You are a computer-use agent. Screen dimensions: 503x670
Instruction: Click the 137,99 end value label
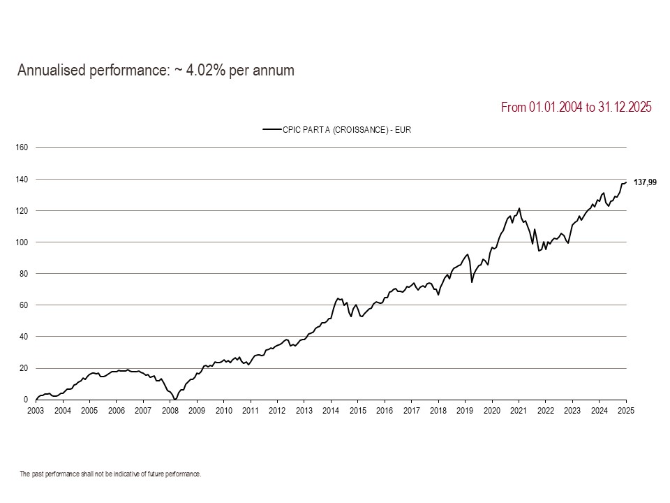coord(645,182)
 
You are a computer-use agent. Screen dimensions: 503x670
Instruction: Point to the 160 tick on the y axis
coord(21,147)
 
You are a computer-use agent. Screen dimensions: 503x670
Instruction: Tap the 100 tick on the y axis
coord(21,242)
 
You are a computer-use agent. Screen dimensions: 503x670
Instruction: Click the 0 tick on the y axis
coord(25,400)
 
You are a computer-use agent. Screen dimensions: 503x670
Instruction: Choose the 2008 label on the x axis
coord(170,411)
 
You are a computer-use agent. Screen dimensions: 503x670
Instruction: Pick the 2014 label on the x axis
coord(331,411)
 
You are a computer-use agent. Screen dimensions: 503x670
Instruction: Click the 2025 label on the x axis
coord(626,411)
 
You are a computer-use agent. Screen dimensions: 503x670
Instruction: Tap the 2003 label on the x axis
coord(36,411)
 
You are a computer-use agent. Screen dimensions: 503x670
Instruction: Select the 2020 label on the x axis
coord(492,411)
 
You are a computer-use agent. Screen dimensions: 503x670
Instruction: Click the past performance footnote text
coord(110,474)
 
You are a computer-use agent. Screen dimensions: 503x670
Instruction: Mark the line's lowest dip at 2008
coord(174,399)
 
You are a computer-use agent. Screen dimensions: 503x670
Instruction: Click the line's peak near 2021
coord(519,208)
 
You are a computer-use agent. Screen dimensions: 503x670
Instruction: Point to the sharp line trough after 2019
coord(472,282)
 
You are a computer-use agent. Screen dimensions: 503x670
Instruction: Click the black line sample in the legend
coord(271,129)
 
